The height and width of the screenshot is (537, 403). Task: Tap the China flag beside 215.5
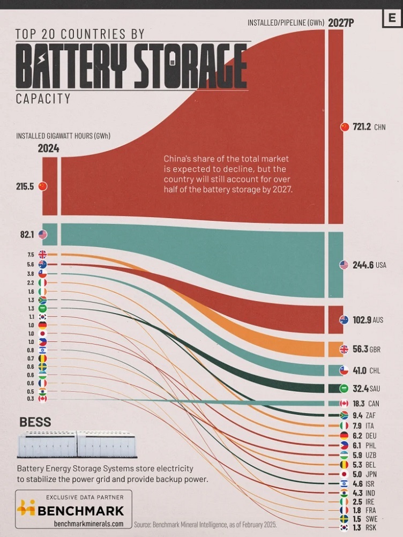42,187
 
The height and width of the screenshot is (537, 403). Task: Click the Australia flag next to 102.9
345,319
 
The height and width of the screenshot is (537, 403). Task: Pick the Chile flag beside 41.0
345,370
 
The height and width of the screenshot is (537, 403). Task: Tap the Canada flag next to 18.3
345,403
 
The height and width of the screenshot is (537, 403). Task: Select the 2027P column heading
343,22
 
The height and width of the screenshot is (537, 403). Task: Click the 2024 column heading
49,148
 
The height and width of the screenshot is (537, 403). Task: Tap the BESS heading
35,422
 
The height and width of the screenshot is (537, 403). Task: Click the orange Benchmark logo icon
26,508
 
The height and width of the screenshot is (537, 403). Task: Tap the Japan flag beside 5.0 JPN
345,474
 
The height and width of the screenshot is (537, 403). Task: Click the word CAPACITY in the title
43,99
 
